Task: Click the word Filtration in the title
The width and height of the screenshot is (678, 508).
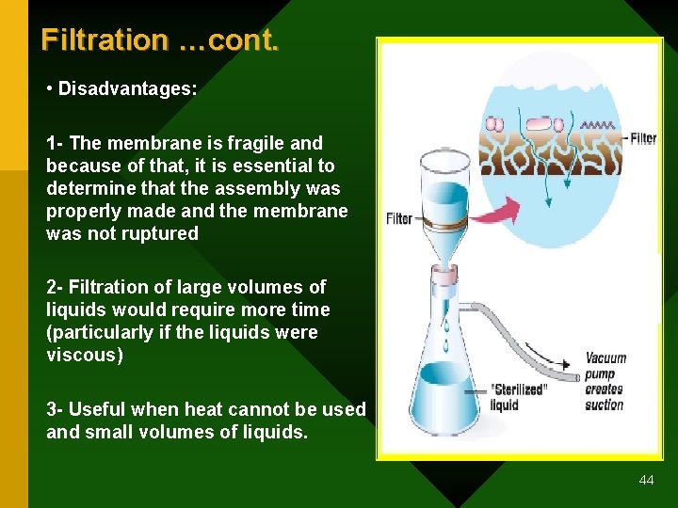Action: coord(104,40)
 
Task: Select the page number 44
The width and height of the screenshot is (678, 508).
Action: coord(646,480)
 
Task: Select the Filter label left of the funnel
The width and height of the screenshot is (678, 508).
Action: coord(399,218)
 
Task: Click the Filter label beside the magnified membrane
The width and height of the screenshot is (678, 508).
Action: coord(642,138)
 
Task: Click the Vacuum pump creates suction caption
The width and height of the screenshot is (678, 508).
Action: coord(605,381)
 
